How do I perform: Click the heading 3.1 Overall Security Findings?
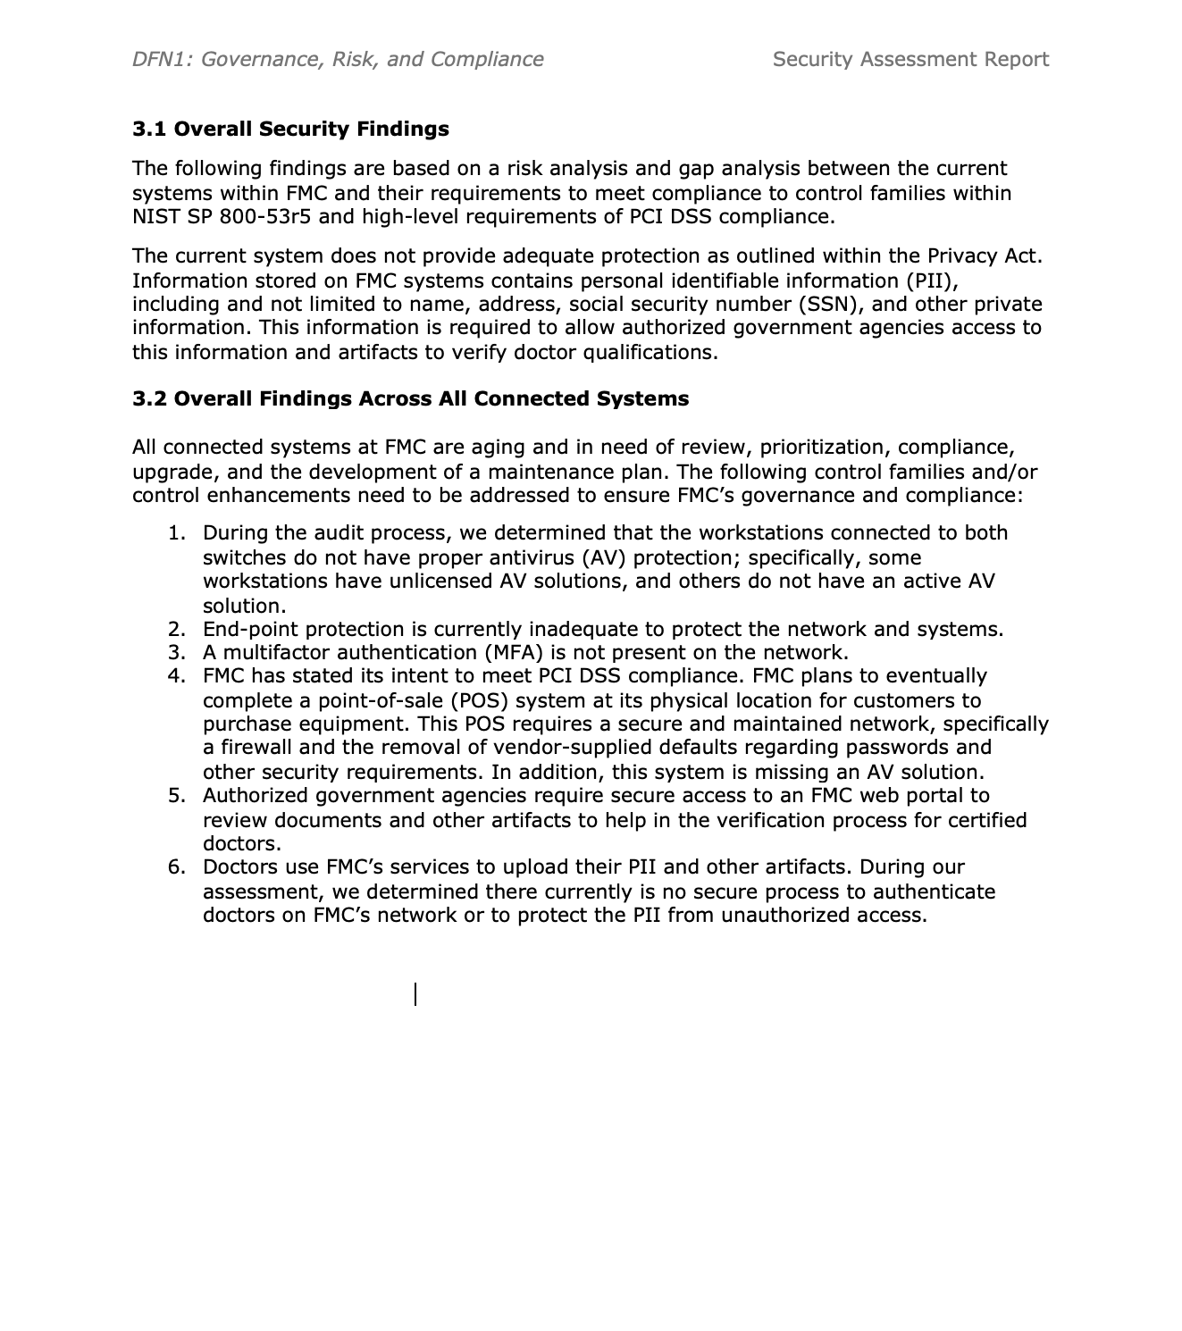[x=290, y=129]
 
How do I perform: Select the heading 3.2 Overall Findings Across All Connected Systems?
[x=410, y=398]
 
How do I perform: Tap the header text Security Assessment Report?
[x=910, y=59]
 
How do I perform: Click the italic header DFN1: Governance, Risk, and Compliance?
[x=338, y=59]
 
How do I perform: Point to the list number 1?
[x=176, y=533]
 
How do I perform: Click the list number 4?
[x=176, y=676]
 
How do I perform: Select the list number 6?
[x=176, y=867]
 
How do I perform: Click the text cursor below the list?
[x=415, y=993]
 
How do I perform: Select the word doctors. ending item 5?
[x=241, y=844]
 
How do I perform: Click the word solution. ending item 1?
[x=244, y=606]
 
